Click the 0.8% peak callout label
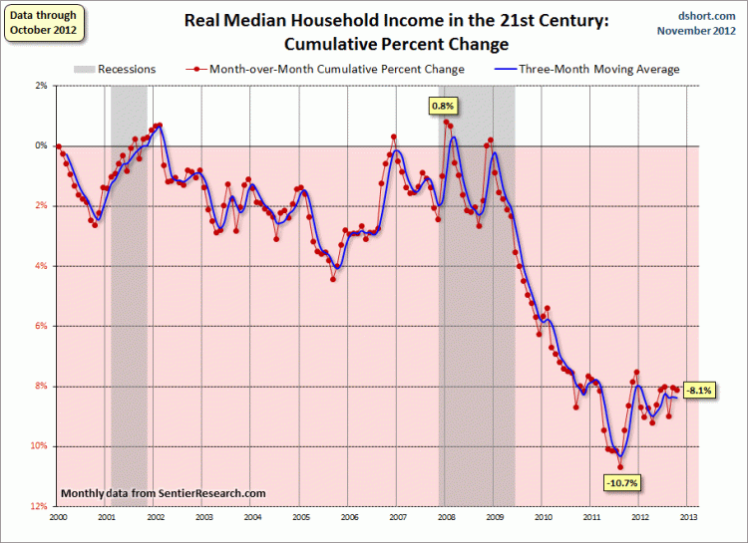tap(442, 105)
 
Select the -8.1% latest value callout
tap(698, 391)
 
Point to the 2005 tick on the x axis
tap(300, 517)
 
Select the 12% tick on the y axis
tap(42, 506)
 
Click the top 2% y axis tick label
tap(42, 86)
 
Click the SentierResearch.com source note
tap(164, 493)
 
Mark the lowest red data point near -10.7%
tap(620, 466)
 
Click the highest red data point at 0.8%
tap(446, 123)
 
